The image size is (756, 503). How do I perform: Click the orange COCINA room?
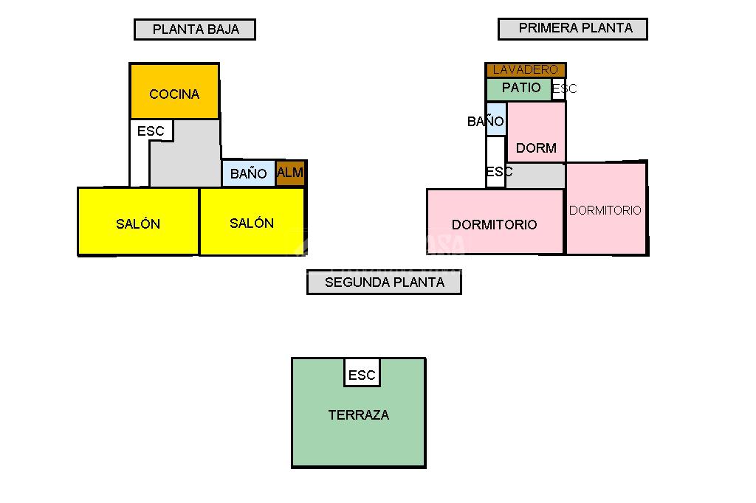(174, 92)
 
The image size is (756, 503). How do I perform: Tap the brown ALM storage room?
(290, 173)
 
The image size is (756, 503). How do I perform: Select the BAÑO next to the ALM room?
(248, 174)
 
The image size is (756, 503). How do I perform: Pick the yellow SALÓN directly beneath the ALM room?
(252, 223)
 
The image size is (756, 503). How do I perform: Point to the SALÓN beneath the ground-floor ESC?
(138, 223)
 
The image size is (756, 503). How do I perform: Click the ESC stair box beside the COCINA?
(151, 131)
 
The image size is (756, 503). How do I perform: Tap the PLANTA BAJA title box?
(195, 30)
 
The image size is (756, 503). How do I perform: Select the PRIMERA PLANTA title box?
(572, 29)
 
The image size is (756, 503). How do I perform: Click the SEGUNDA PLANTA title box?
(384, 282)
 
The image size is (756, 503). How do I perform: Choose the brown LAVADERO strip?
(526, 70)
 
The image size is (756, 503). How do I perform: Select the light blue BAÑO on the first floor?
(495, 120)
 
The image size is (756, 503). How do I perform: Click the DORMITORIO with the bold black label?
(495, 223)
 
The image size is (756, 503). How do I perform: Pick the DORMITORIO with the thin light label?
(605, 210)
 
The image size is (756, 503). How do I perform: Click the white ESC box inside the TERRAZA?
(362, 374)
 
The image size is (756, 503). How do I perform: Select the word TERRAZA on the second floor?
(358, 415)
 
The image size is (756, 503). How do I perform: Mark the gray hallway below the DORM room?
(535, 176)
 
